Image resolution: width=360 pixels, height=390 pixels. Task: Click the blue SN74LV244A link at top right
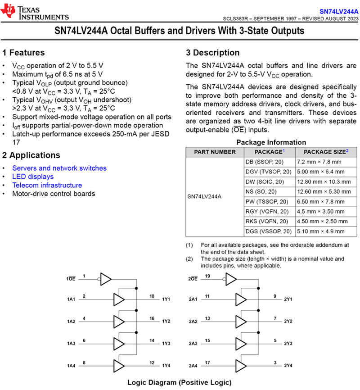tap(339, 11)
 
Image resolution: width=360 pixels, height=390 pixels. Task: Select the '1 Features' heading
tap(23, 53)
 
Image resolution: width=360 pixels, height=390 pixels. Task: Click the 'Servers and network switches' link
tap(59, 168)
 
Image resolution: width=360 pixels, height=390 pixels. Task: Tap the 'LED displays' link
tap(33, 177)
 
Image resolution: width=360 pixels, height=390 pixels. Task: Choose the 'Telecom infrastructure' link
tap(47, 185)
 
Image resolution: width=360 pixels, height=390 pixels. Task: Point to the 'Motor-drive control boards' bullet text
tap(54, 194)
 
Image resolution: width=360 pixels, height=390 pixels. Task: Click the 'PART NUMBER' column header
tap(215, 152)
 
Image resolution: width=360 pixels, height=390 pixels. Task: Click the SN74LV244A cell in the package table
tap(204, 197)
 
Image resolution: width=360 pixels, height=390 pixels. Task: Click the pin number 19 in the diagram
tap(208, 276)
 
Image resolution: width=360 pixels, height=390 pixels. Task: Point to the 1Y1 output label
tap(166, 299)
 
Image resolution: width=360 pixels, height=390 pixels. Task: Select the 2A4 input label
tap(193, 366)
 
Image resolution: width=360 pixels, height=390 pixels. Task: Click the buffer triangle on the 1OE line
tap(106, 279)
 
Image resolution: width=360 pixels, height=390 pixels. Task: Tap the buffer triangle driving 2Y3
tap(241, 344)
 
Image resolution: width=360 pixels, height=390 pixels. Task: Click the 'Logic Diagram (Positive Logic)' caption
tap(179, 382)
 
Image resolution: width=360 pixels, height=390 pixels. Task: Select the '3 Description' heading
tap(213, 53)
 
